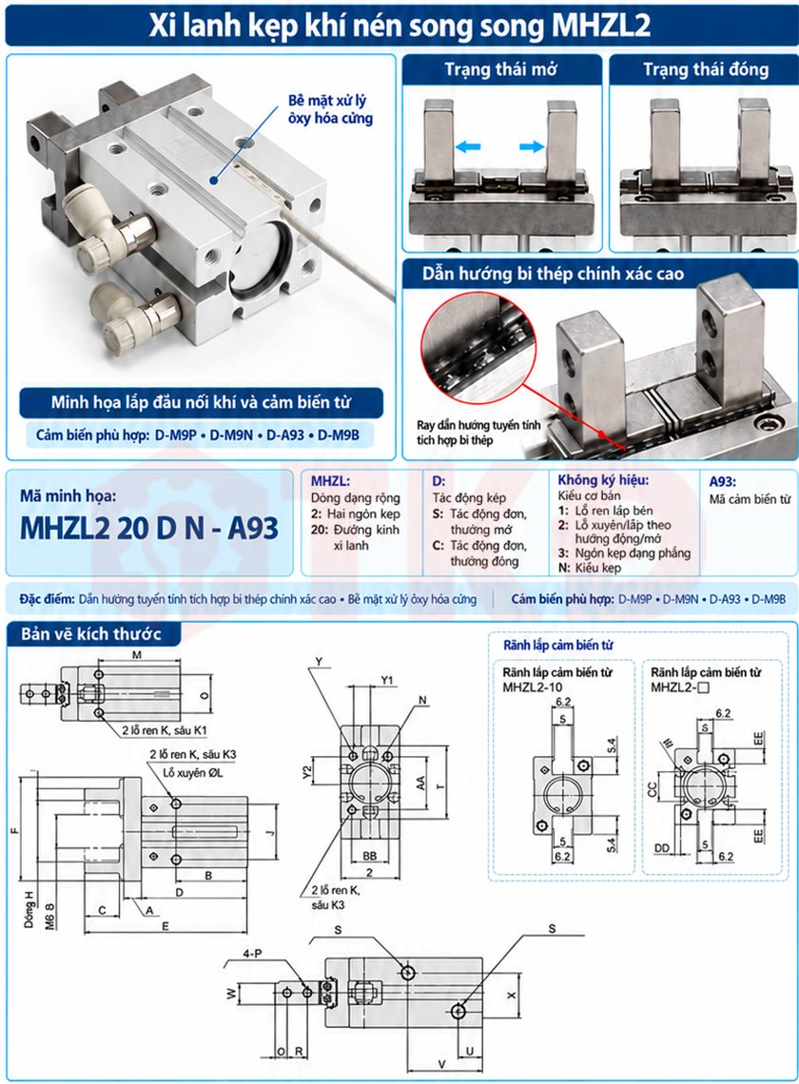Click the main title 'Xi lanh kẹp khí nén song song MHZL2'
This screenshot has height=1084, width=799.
click(x=399, y=26)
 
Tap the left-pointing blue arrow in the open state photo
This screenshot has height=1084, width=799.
click(x=468, y=146)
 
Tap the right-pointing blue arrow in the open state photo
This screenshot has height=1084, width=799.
click(x=532, y=146)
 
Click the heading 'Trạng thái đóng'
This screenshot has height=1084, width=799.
click(x=706, y=69)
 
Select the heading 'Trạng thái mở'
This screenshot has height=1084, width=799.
click(x=501, y=69)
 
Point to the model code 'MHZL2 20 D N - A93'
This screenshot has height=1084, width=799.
click(x=149, y=528)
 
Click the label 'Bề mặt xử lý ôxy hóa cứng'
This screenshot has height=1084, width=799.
click(x=330, y=109)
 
